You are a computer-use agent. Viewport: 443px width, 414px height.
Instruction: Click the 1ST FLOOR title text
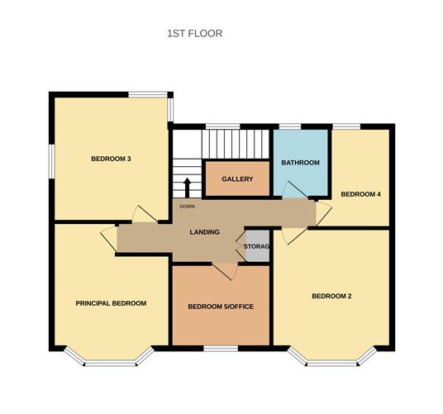coord(194,34)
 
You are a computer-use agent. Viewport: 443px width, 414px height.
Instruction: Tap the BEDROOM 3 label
coord(112,159)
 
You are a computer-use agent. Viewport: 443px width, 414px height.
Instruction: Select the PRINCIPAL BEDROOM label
coord(111,303)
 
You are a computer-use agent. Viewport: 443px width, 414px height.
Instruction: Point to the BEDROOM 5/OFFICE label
coord(221,307)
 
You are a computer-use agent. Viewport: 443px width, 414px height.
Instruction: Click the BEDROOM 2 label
coord(332,296)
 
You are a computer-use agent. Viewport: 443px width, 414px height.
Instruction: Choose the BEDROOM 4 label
coord(361,194)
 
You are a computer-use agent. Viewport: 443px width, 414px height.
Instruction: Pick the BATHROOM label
coord(300,163)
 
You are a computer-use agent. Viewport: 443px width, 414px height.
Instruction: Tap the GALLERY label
coord(237,179)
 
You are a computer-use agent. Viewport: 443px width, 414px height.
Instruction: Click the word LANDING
coord(204,232)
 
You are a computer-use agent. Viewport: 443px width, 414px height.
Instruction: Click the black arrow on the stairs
coord(187,185)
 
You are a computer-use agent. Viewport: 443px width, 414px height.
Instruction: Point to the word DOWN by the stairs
coord(187,207)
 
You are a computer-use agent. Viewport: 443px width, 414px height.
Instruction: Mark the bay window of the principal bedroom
coord(109,356)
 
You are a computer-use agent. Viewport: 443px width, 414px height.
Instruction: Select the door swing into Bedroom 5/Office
coord(224,270)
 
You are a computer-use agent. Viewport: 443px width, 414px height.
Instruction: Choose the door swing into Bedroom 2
coord(291,235)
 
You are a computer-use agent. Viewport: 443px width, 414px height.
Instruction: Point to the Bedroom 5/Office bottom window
coord(221,347)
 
